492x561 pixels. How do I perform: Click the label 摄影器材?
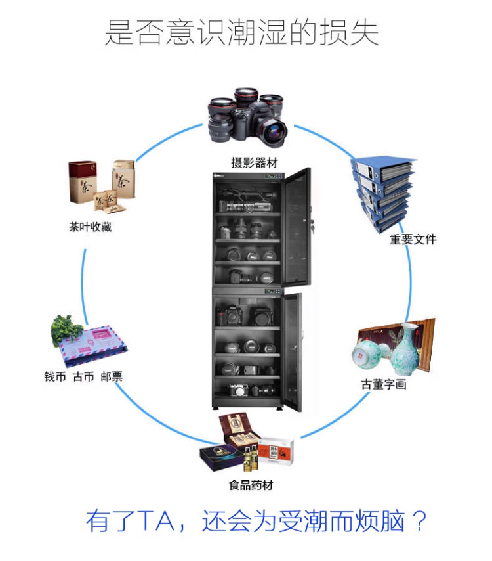(x=254, y=163)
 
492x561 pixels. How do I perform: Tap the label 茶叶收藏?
(x=91, y=227)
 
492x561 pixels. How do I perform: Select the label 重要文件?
(x=413, y=239)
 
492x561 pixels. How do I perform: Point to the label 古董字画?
(x=383, y=384)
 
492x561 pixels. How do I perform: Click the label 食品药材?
(x=251, y=485)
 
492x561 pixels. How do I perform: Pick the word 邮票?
(x=112, y=376)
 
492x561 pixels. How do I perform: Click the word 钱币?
(x=55, y=376)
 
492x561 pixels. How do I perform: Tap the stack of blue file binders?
(x=383, y=193)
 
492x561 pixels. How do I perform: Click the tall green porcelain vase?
(x=405, y=350)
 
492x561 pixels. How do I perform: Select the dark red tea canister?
(x=83, y=182)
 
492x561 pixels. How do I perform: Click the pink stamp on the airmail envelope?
(x=102, y=334)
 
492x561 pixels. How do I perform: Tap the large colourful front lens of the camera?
(x=274, y=131)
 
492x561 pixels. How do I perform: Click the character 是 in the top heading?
(x=119, y=32)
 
